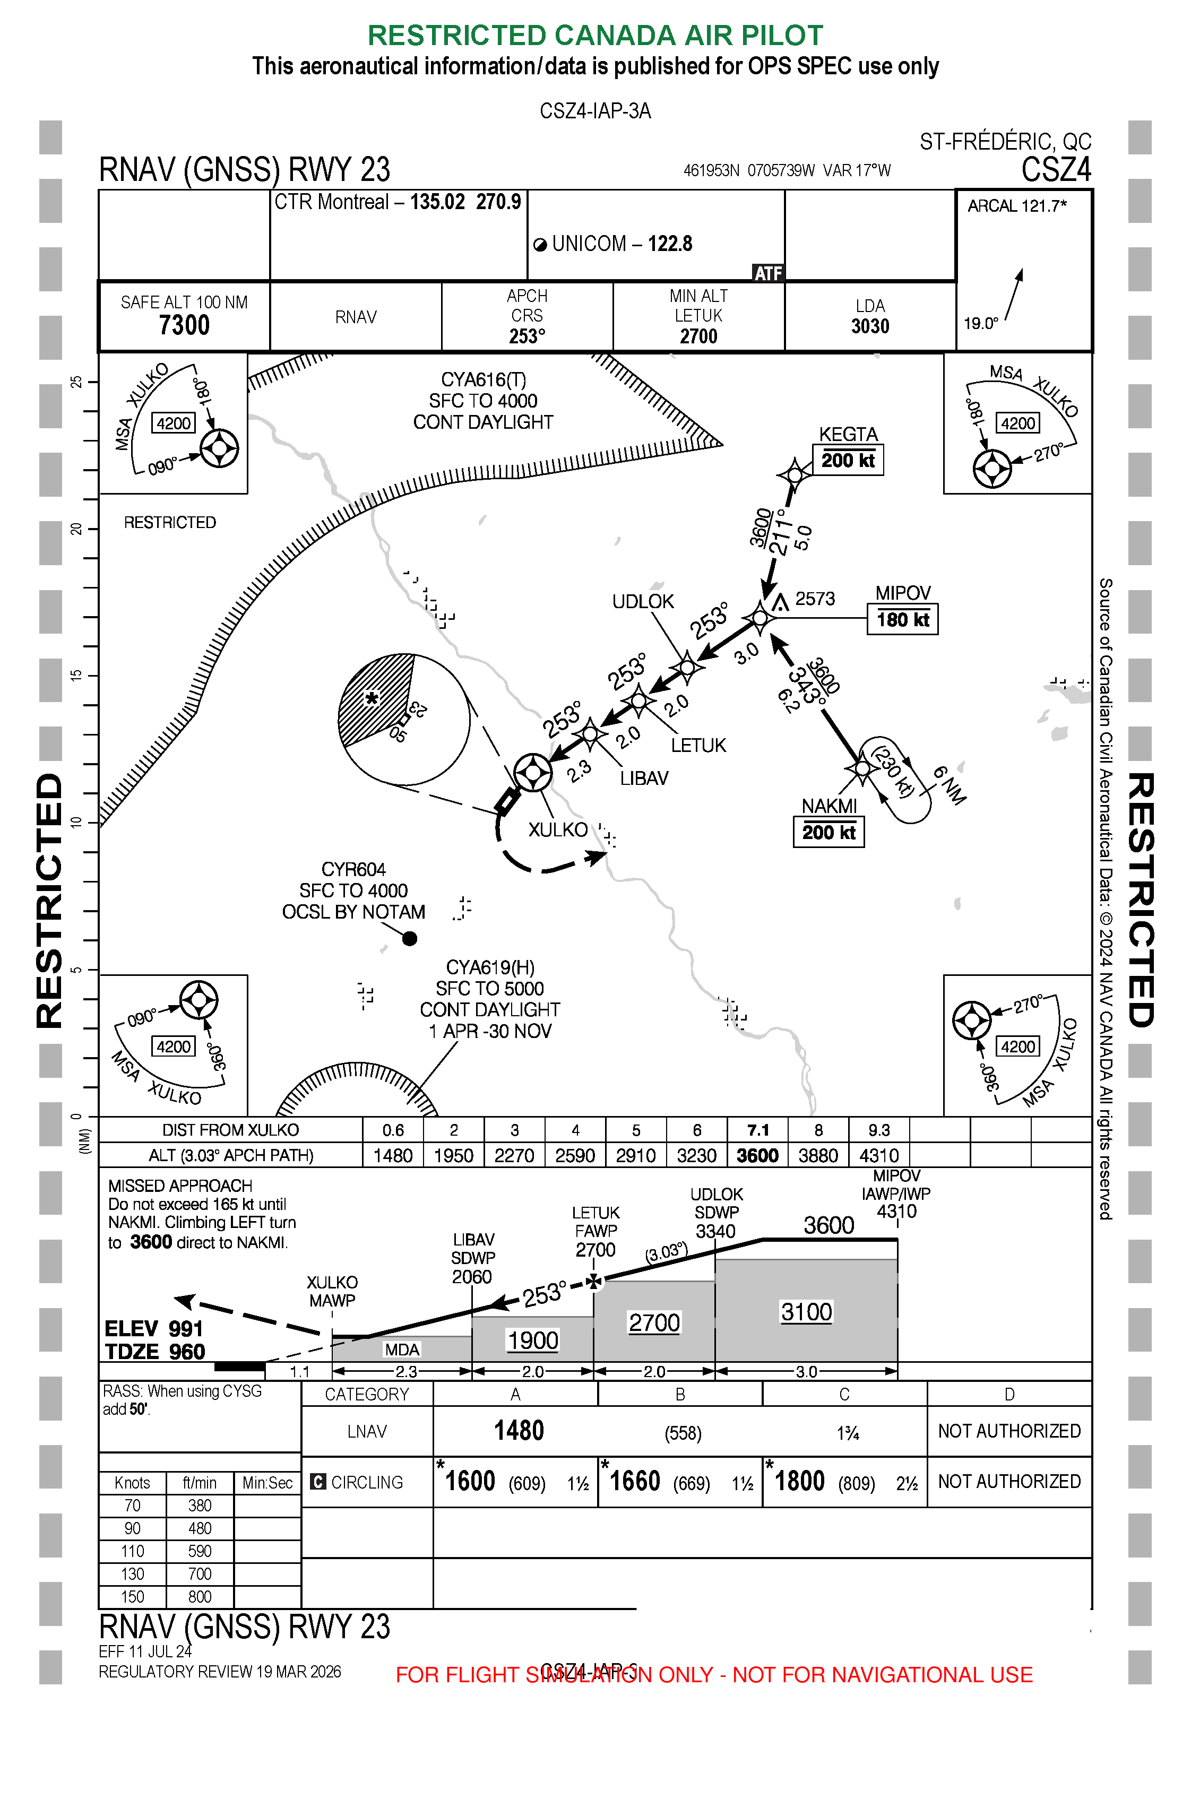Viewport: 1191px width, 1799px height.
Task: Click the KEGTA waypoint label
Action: [848, 435]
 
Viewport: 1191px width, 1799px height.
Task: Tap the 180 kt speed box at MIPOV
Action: [902, 620]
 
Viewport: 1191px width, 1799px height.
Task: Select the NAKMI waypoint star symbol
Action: [862, 768]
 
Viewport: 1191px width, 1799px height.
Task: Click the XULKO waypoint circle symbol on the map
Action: [532, 772]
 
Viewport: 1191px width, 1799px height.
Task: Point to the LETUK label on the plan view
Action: [698, 746]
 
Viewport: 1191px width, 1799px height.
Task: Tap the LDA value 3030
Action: [870, 326]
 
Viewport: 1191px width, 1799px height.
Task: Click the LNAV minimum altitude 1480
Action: [519, 1431]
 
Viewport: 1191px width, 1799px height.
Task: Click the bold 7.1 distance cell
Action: [757, 1130]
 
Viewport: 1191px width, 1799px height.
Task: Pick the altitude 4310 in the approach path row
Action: [879, 1156]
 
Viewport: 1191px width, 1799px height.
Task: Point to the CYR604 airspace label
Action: [353, 869]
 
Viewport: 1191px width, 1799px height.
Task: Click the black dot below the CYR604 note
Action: [409, 939]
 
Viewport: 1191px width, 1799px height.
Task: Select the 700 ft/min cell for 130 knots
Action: [199, 1574]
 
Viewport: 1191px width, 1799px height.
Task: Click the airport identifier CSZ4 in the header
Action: [1055, 169]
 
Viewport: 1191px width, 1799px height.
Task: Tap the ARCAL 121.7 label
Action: [1016, 206]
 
